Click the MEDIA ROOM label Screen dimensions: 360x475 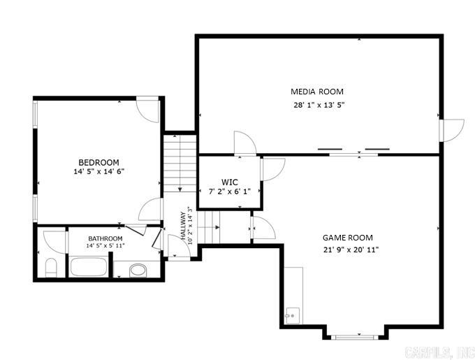click(x=317, y=92)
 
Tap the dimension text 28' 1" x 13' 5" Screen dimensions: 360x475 click(x=319, y=106)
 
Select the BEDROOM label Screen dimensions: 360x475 click(x=98, y=162)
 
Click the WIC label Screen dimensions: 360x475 click(x=230, y=182)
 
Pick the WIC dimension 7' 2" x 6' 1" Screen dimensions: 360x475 click(x=229, y=192)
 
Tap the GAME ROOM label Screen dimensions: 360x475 click(x=347, y=238)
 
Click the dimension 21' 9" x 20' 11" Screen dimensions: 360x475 click(x=351, y=250)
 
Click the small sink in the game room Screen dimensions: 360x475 click(x=291, y=317)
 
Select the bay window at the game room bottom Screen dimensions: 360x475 click(x=356, y=336)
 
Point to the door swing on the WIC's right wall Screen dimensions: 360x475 click(x=273, y=170)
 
